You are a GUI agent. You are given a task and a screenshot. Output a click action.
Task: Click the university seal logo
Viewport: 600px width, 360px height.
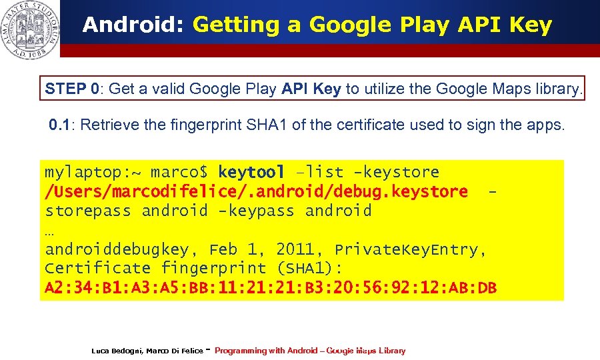(x=30, y=29)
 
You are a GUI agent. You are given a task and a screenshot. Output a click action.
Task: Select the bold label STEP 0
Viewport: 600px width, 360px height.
(x=73, y=89)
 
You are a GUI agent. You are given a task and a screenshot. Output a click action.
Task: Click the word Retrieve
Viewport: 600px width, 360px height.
(x=107, y=125)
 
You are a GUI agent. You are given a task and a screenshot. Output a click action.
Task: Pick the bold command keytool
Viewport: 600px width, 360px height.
(x=251, y=173)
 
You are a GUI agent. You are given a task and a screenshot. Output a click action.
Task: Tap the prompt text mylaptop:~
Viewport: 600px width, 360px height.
(x=93, y=173)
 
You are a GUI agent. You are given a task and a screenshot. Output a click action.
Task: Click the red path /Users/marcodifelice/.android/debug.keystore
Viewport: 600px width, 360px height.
(x=256, y=192)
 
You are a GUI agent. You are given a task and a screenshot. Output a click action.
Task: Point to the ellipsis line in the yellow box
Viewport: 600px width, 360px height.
(x=51, y=231)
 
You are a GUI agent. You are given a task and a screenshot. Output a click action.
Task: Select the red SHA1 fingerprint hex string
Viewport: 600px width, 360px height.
(x=271, y=288)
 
